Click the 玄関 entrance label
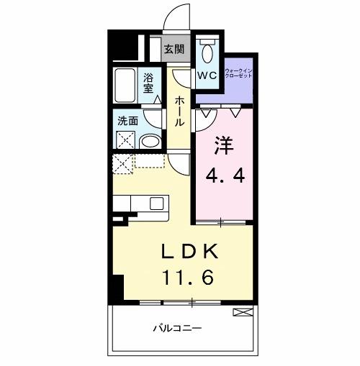(x=173, y=49)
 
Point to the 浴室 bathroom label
(x=149, y=83)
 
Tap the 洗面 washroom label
(x=127, y=122)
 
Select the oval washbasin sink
(x=150, y=141)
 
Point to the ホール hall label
(x=179, y=110)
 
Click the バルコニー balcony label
(x=181, y=329)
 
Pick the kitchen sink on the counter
(x=158, y=203)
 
